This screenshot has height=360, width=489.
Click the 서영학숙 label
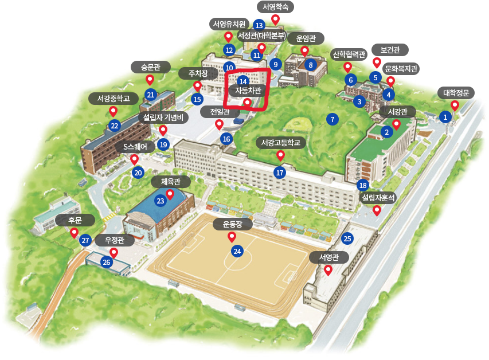(x=275, y=7)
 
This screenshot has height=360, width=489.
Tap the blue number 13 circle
(x=259, y=25)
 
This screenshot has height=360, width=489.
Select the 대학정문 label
(x=456, y=93)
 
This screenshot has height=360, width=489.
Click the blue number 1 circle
(x=445, y=117)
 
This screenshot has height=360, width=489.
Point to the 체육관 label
(x=170, y=182)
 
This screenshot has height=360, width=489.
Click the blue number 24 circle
(x=237, y=251)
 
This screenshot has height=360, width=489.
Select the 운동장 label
(x=232, y=224)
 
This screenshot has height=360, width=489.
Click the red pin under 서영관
(x=328, y=270)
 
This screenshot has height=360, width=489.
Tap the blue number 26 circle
(x=107, y=262)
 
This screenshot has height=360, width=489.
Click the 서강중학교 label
(x=113, y=99)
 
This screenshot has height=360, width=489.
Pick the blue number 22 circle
(x=115, y=126)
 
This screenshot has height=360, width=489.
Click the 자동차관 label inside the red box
(x=248, y=90)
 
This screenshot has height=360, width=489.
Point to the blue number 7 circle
(x=331, y=119)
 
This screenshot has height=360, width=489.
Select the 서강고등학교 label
(x=280, y=142)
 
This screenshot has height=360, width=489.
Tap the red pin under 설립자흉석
(x=377, y=210)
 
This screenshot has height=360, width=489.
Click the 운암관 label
(x=304, y=38)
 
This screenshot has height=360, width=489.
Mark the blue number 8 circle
(x=311, y=65)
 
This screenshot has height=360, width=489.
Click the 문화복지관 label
(x=401, y=69)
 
